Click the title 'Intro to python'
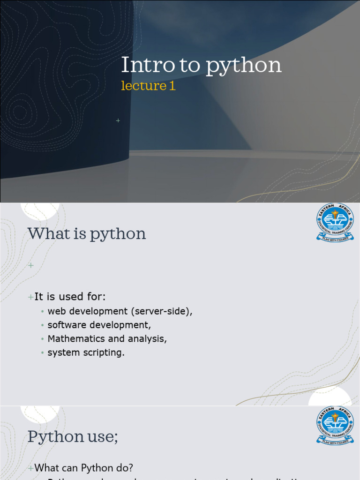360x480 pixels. click(201, 65)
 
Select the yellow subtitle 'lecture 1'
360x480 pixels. click(148, 86)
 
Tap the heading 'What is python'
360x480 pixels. click(87, 233)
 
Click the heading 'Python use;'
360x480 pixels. click(73, 436)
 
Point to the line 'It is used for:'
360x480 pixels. click(70, 297)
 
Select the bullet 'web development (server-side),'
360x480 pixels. click(120, 311)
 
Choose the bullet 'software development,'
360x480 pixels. click(99, 325)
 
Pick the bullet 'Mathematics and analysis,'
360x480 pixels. click(107, 338)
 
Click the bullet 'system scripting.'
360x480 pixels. click(86, 352)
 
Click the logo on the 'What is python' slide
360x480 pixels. click(335, 222)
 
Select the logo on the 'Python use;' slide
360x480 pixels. click(335, 425)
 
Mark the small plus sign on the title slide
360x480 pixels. click(118, 121)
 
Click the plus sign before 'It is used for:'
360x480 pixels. click(31, 297)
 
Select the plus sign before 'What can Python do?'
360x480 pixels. click(31, 468)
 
